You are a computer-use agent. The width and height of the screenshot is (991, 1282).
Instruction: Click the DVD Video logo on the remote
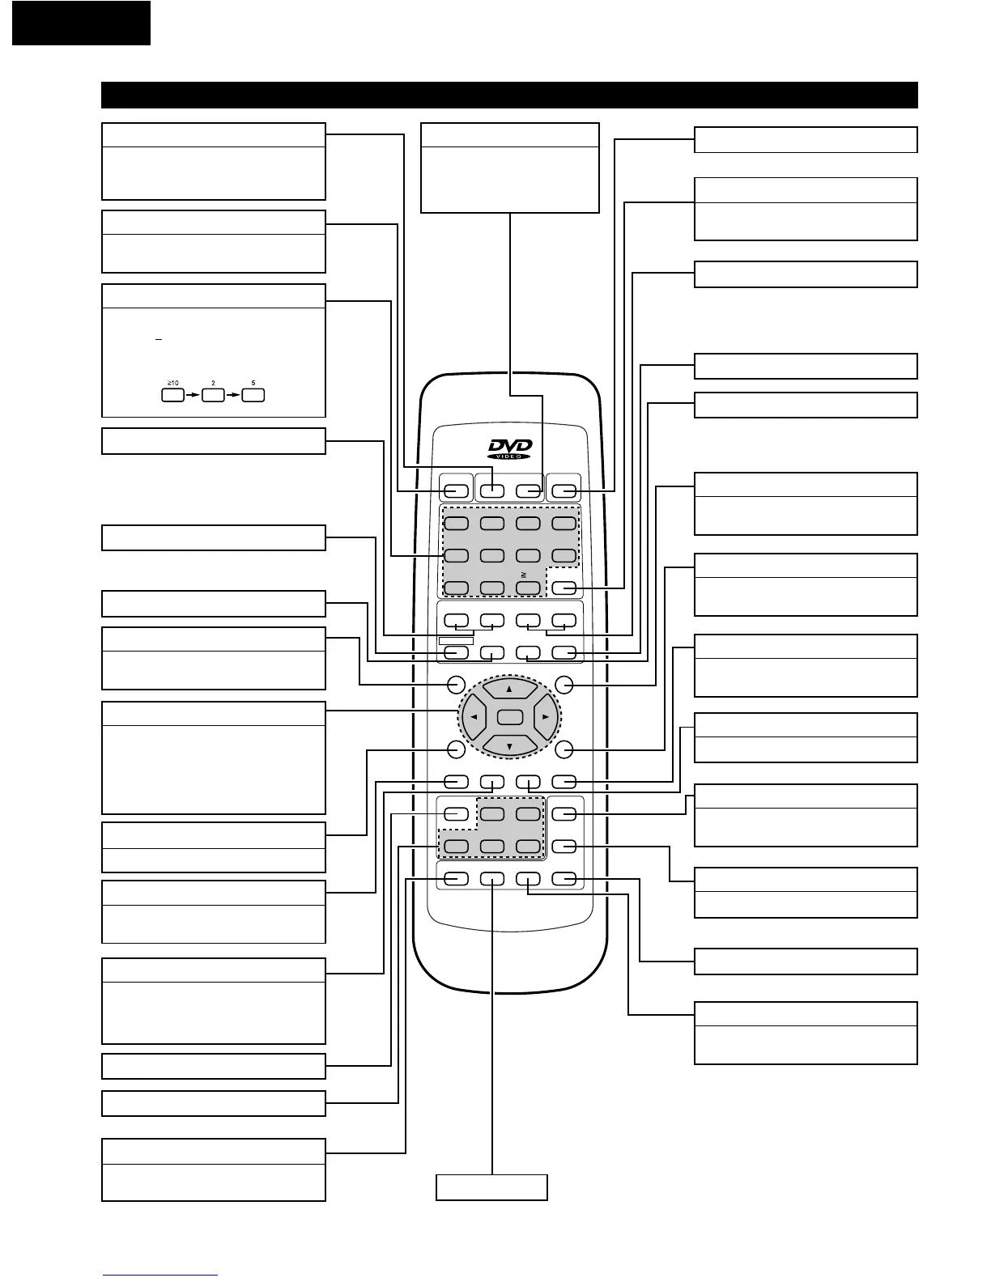(x=509, y=449)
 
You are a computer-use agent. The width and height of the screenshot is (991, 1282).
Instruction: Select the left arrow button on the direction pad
(x=474, y=717)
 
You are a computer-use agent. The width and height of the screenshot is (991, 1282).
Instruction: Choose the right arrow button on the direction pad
(x=546, y=717)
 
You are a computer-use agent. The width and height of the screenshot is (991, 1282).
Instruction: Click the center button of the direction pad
(x=509, y=716)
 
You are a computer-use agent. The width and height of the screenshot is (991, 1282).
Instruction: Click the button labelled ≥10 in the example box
(x=172, y=396)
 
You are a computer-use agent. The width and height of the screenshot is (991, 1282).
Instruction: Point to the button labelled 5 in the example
(x=253, y=396)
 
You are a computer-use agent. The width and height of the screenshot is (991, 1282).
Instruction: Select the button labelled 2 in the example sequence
(x=213, y=396)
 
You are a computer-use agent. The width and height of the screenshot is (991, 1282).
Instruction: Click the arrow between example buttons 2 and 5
(x=233, y=396)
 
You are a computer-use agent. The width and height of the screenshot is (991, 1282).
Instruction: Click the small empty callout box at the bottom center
(x=491, y=1187)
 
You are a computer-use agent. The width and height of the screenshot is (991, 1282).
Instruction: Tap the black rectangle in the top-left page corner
(x=81, y=23)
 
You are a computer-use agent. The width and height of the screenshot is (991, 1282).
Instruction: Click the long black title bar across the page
(x=509, y=95)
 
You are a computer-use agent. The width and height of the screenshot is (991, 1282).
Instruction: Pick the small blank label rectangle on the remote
(x=456, y=641)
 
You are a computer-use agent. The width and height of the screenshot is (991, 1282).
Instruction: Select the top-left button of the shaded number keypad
(x=456, y=523)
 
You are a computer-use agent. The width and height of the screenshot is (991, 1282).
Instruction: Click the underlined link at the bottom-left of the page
(x=160, y=1276)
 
